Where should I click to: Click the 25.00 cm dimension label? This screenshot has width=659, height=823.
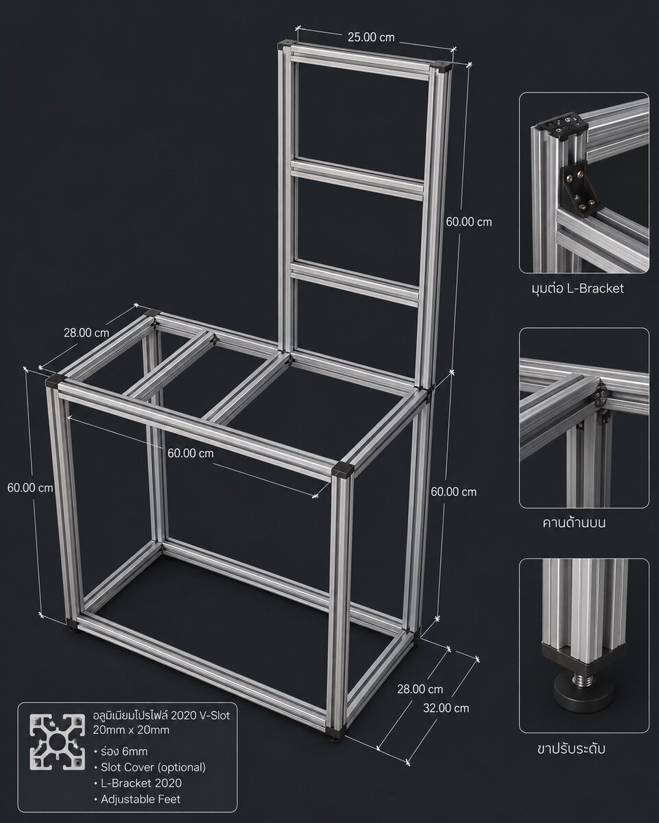(370, 37)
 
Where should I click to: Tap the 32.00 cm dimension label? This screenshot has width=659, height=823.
(446, 708)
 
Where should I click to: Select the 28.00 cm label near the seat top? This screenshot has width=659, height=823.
(86, 333)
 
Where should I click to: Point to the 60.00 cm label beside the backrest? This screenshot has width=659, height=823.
(469, 222)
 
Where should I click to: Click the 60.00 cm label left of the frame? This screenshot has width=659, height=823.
(30, 488)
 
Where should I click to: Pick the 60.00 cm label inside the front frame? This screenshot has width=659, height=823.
(191, 453)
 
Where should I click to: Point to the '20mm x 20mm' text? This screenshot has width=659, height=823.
(131, 730)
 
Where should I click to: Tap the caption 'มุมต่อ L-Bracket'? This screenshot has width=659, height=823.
(577, 288)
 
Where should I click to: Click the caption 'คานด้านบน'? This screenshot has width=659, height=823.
(574, 523)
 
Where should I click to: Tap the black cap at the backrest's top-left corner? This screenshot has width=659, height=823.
(285, 44)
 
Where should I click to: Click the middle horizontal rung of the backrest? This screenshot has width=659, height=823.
(357, 180)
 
